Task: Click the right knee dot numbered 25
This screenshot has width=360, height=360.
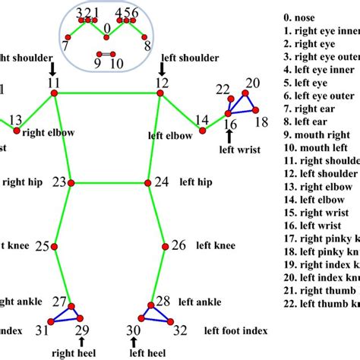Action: (54, 245)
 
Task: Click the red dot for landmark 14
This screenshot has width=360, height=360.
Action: (202, 131)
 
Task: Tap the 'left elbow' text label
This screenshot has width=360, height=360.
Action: (169, 135)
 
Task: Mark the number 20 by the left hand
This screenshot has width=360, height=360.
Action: (252, 83)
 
